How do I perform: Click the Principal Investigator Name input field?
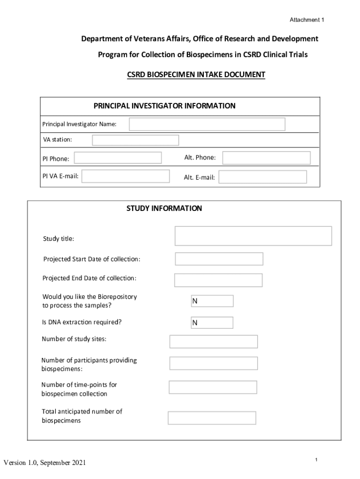point(207,124)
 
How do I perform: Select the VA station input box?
point(135,140)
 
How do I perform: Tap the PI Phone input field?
point(118,158)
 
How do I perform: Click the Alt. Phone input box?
point(266,158)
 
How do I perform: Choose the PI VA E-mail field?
point(126,176)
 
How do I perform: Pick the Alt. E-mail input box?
point(263,177)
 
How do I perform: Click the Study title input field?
point(253,236)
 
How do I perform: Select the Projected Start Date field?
point(219,259)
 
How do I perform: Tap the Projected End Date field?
point(218,280)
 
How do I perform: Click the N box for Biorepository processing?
point(212,301)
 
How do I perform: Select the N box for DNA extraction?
point(212,323)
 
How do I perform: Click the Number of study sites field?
point(213,341)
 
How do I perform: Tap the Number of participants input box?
point(213,363)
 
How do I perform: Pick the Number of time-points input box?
point(213,387)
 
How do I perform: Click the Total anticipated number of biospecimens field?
point(212,418)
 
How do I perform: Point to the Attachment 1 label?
point(307,20)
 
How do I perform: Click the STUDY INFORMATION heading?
point(164,209)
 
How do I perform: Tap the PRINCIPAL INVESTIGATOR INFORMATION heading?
point(165,106)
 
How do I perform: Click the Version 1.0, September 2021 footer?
point(45,463)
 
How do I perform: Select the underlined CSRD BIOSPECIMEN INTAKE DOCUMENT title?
point(196,74)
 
